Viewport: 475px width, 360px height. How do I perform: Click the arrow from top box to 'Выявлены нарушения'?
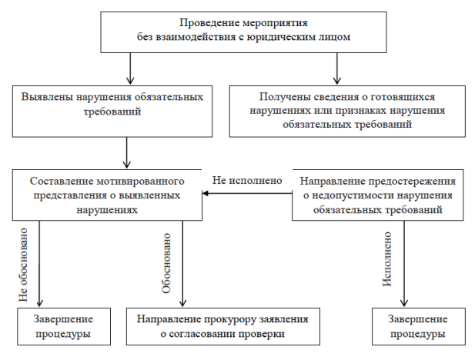[131, 70]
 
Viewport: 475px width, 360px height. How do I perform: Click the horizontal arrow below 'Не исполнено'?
[246, 195]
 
